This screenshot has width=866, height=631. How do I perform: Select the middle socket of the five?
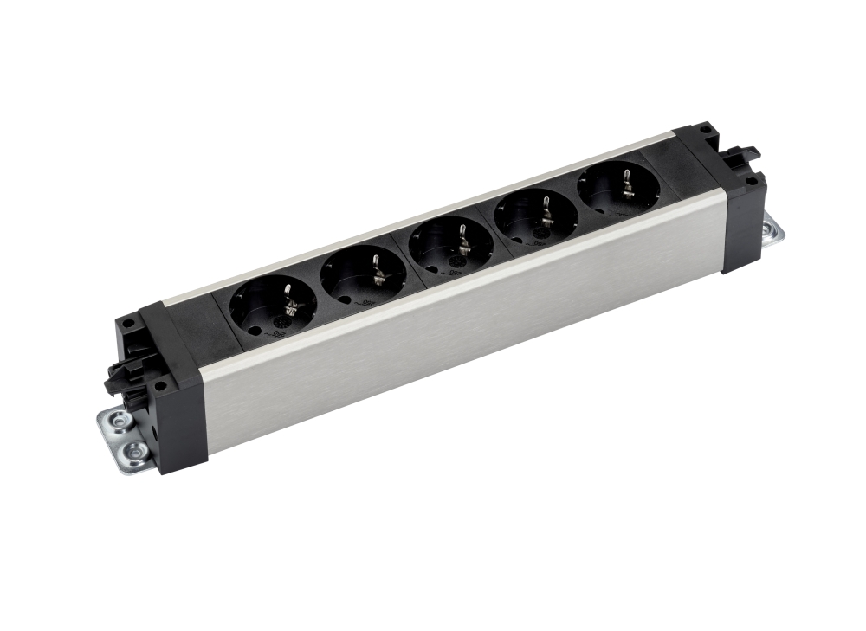tap(450, 244)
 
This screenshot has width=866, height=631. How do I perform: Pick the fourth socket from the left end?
tap(537, 215)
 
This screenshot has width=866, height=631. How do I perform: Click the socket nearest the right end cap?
tap(617, 187)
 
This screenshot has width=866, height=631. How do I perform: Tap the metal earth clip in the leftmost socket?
tap(288, 299)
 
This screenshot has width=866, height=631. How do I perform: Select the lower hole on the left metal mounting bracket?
tap(133, 450)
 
